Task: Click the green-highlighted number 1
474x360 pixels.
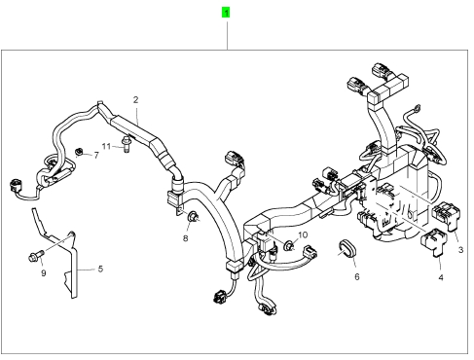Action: (x=226, y=13)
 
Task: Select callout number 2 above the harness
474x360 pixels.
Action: (x=135, y=100)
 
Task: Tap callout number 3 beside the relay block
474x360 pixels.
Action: (x=460, y=250)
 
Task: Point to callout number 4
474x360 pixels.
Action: (x=441, y=277)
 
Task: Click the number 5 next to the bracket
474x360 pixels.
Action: (x=100, y=269)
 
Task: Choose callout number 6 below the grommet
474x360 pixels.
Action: (x=357, y=276)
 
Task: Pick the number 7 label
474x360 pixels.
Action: (x=96, y=156)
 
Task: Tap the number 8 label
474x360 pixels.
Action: (x=185, y=238)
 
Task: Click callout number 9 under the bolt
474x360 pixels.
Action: (x=44, y=273)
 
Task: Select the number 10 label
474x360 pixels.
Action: (x=303, y=234)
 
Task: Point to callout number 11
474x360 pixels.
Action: (x=106, y=147)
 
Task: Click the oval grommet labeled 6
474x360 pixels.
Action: (x=346, y=248)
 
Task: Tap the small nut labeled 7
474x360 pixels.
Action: (x=78, y=152)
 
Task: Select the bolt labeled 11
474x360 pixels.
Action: (x=126, y=145)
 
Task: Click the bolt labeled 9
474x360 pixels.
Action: (x=35, y=256)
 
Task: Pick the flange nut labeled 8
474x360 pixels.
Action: (x=193, y=216)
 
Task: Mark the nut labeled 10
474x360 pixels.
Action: (x=288, y=245)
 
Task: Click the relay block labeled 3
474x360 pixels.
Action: (x=447, y=214)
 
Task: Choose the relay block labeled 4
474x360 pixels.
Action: (x=433, y=241)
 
